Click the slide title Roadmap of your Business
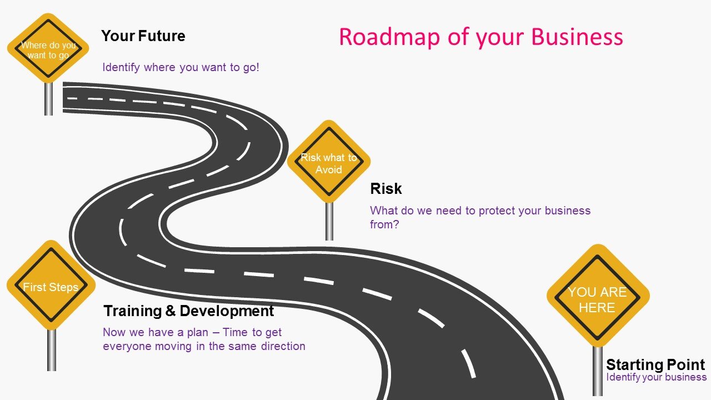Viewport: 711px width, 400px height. pos(480,37)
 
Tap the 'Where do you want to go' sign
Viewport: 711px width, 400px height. pos(49,49)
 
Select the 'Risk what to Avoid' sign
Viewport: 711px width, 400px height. pos(329,162)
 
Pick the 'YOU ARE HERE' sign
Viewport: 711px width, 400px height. pos(597,297)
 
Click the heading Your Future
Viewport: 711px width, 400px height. pos(143,36)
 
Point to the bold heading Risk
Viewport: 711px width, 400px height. pos(385,189)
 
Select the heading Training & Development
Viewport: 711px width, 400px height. pos(189,311)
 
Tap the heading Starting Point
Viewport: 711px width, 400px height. pos(655,365)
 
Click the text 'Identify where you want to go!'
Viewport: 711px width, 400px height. pos(181,68)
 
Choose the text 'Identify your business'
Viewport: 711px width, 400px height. pos(656,377)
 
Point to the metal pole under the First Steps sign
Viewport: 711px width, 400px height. pos(51,350)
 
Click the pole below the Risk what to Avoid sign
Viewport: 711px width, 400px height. pos(329,221)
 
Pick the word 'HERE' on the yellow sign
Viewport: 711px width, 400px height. pos(597,308)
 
